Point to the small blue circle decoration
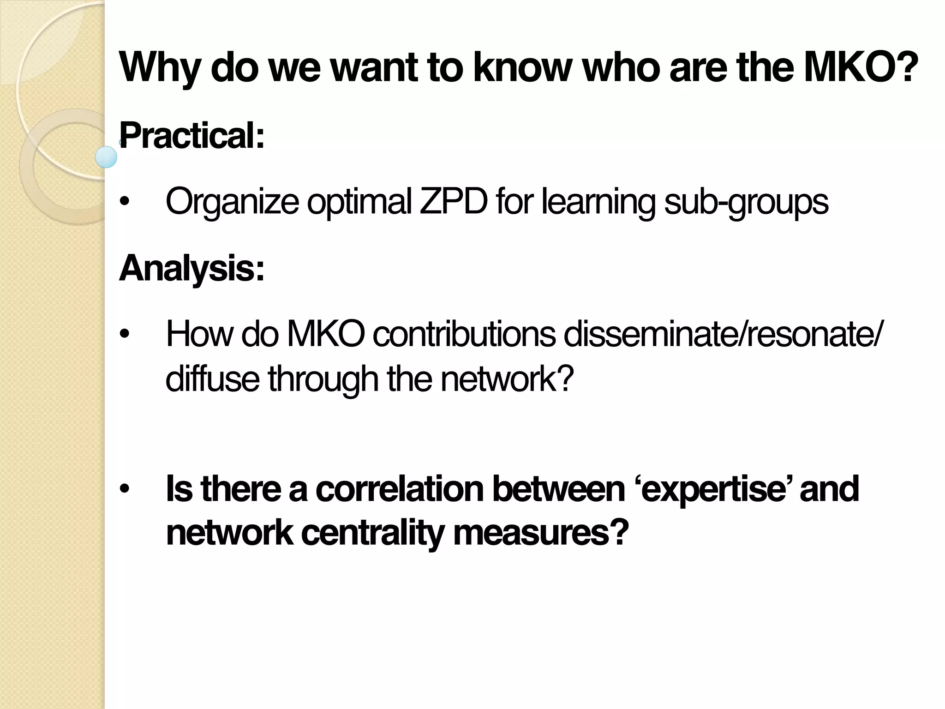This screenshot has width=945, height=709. coord(106,157)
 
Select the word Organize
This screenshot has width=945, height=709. coord(232,201)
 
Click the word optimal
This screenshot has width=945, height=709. coord(359,201)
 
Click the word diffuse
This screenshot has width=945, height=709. coord(212,379)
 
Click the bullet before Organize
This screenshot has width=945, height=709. coord(124,203)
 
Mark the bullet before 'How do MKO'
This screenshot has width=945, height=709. coord(124,336)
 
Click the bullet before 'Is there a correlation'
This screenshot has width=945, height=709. coord(124,490)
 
